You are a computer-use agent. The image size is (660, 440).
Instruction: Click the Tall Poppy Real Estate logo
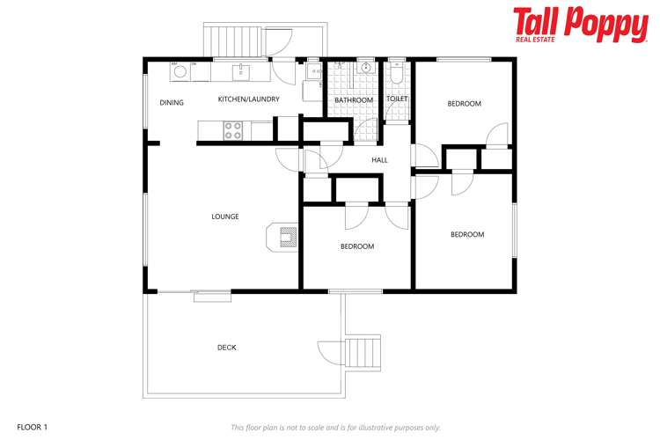pyautogui.click(x=581, y=25)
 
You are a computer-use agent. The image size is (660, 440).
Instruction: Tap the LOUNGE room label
pyautogui.click(x=225, y=216)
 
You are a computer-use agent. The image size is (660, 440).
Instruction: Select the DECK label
pyautogui.click(x=226, y=348)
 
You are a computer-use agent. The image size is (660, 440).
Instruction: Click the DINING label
pyautogui.click(x=172, y=102)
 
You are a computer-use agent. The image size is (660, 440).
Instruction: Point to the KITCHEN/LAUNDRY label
pyautogui.click(x=249, y=99)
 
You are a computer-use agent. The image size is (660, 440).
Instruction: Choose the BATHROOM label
pyautogui.click(x=354, y=100)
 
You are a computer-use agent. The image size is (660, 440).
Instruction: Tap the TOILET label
pyautogui.click(x=397, y=99)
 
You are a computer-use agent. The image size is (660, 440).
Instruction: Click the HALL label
pyautogui.click(x=379, y=160)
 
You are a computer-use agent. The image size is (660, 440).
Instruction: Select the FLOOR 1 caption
pyautogui.click(x=33, y=427)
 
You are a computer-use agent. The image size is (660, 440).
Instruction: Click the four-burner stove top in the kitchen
pyautogui.click(x=233, y=130)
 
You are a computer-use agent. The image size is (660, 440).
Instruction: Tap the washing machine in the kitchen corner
pyautogui.click(x=180, y=71)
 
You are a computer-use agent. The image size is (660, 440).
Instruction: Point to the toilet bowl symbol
pyautogui.click(x=397, y=75)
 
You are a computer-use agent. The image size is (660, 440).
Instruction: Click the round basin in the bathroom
pyautogui.click(x=366, y=67)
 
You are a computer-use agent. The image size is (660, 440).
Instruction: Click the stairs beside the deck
pyautogui.click(x=363, y=353)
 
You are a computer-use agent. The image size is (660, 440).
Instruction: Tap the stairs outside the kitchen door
pyautogui.click(x=232, y=40)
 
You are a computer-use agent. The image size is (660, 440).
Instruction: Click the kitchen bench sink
pyautogui.click(x=241, y=72)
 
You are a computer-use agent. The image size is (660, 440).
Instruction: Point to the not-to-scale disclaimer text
pyautogui.click(x=336, y=428)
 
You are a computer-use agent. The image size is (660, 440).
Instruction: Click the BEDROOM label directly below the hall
pyautogui.click(x=357, y=246)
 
